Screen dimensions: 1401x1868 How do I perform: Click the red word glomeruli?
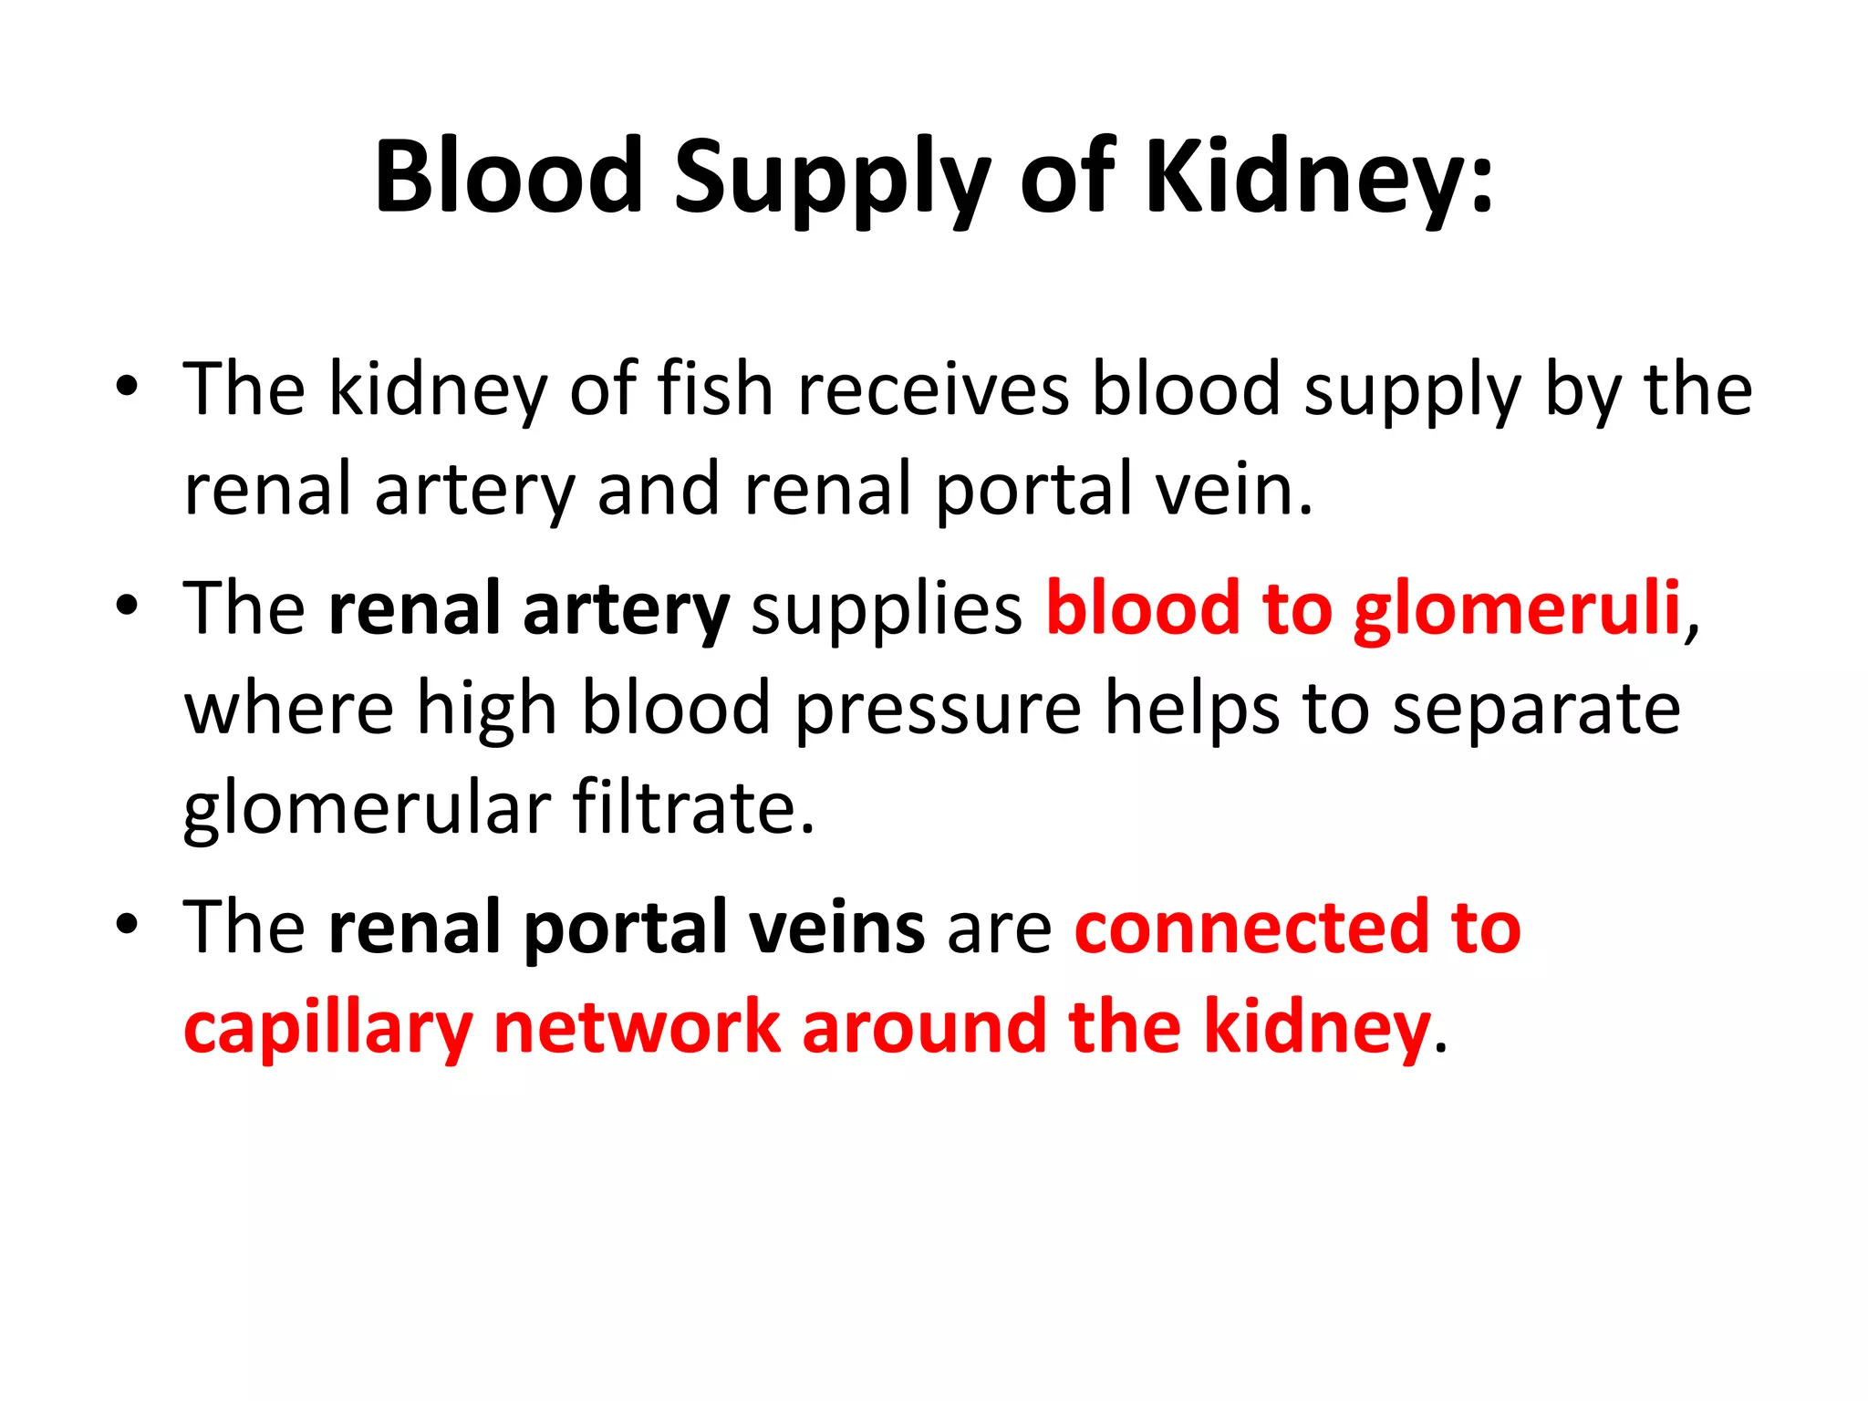point(1517,609)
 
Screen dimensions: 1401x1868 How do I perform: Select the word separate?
point(1536,710)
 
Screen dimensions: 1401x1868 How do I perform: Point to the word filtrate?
point(693,809)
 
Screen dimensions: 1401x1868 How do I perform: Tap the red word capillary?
point(327,1028)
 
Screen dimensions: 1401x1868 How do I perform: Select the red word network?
point(637,1028)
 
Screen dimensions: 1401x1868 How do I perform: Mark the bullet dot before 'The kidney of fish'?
point(127,388)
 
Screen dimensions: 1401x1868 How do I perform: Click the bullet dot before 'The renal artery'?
point(127,606)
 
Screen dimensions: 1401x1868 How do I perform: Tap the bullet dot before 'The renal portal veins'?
point(127,924)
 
